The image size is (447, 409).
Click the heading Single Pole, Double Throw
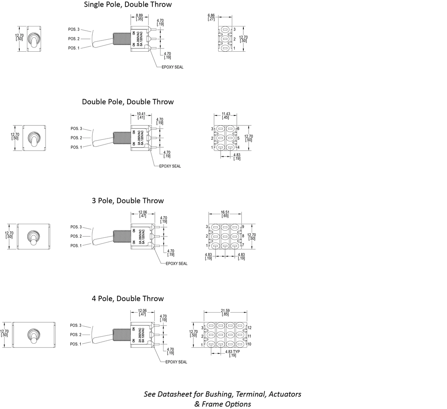click(x=128, y=5)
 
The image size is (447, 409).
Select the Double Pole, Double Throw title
click(x=128, y=102)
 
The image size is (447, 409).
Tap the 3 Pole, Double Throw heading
click(x=128, y=201)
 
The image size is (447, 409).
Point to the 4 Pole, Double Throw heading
click(x=128, y=299)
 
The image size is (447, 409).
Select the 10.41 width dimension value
click(x=141, y=114)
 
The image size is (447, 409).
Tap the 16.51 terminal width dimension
click(x=225, y=212)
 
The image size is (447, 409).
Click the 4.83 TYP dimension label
click(x=233, y=352)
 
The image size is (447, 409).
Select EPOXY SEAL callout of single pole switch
click(x=172, y=67)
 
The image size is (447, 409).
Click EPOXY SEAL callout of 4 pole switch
click(x=176, y=362)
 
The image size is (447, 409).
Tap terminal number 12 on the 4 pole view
click(x=250, y=328)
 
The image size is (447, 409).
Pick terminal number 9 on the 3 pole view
click(x=243, y=227)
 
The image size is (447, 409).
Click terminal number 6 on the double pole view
click(x=238, y=129)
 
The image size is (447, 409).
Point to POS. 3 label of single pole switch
click(x=74, y=29)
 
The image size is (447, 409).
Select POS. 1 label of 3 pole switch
click(x=76, y=246)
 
